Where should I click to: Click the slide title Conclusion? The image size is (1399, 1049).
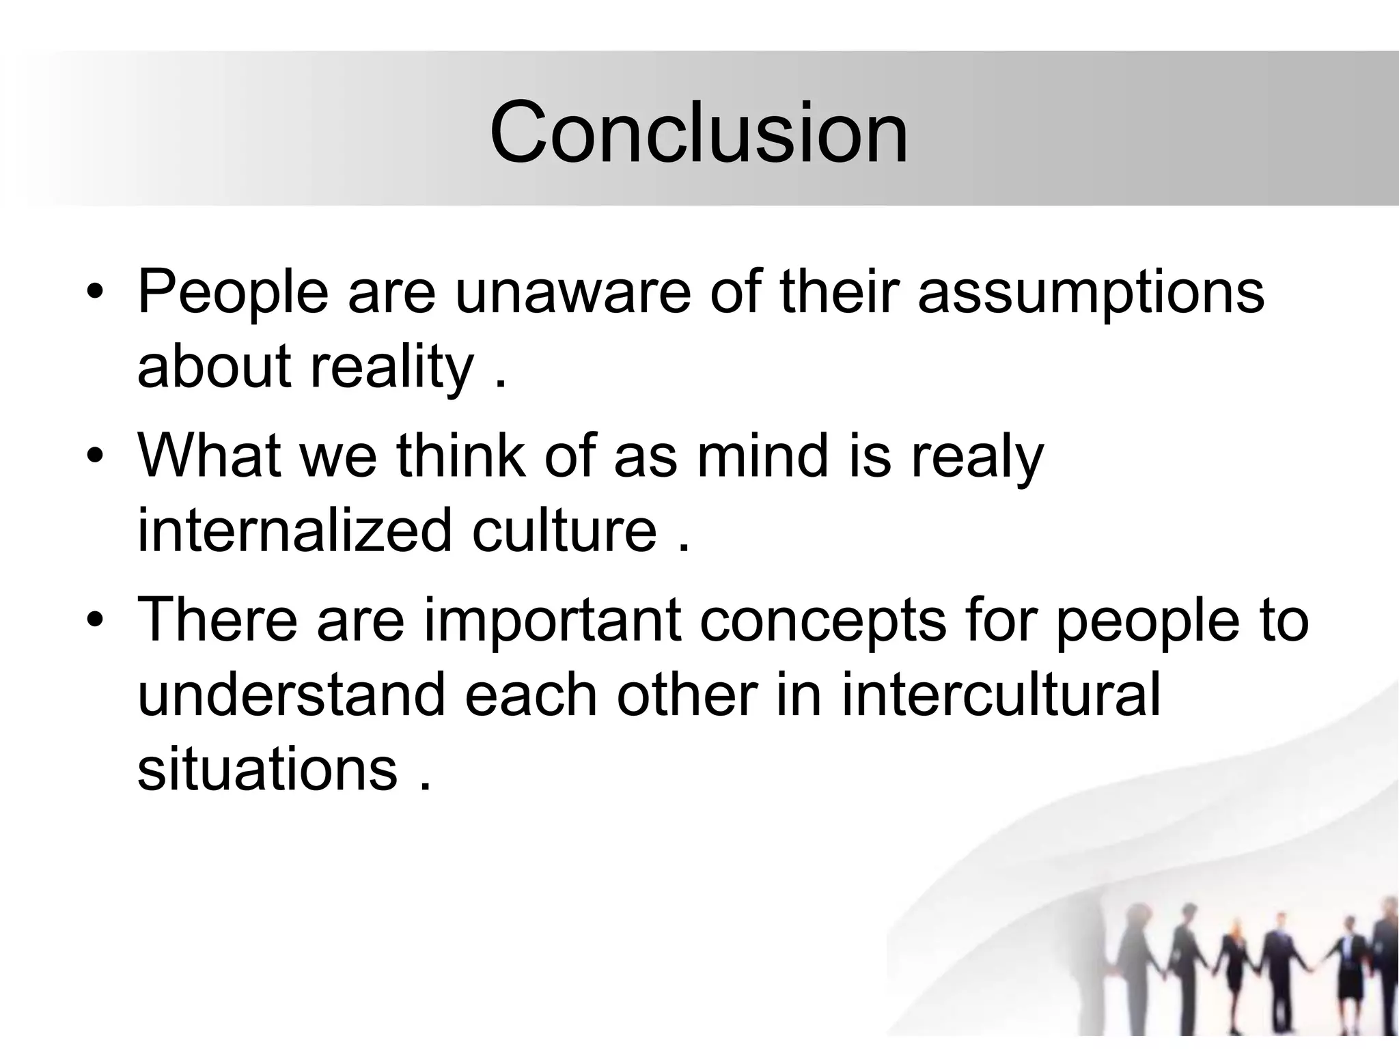coord(698,132)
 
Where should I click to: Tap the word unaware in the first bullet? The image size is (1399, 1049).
coord(572,292)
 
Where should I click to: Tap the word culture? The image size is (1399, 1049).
coord(564,531)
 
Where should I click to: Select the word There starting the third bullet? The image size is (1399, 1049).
coord(218,619)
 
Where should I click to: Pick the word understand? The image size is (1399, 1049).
coord(292,695)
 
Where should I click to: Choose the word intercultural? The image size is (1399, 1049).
coord(1001,695)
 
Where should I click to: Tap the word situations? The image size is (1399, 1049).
coord(267,768)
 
